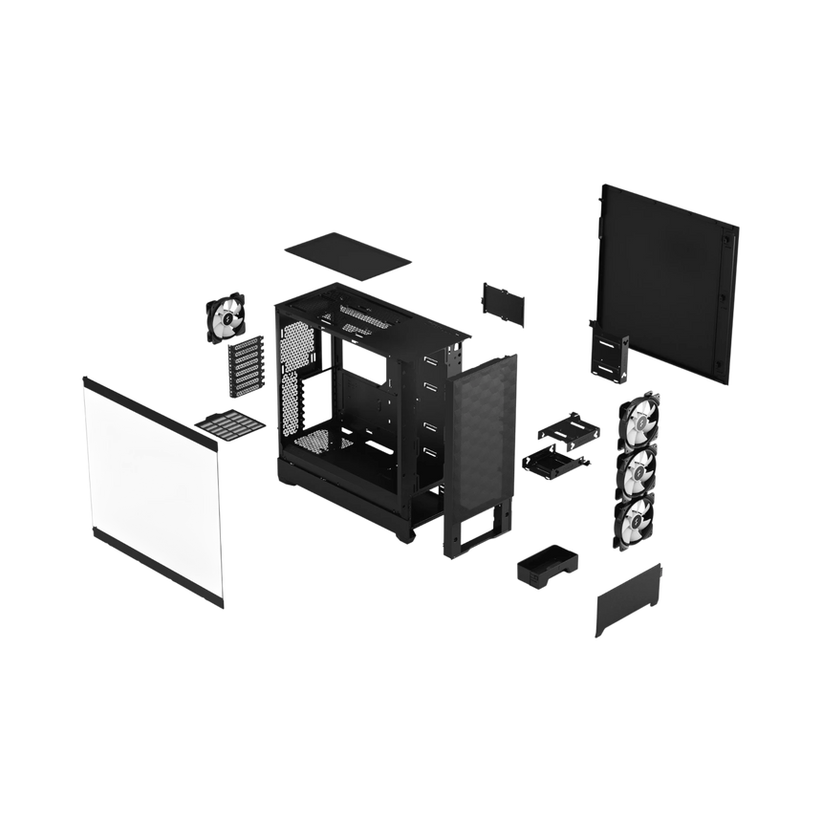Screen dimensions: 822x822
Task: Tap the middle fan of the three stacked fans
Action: (x=635, y=469)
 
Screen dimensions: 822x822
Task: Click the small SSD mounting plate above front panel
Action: (x=504, y=304)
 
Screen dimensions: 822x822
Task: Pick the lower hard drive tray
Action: (x=554, y=464)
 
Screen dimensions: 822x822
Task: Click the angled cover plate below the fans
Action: (x=628, y=599)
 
